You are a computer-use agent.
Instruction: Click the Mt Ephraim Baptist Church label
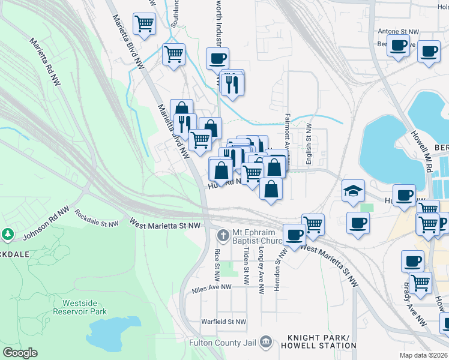pyautogui.click(x=258, y=238)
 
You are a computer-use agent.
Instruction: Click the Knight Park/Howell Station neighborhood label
pyautogui.click(x=322, y=341)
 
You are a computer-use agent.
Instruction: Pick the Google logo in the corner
pyautogui.click(x=20, y=353)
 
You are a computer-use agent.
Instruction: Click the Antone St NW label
pyautogui.click(x=398, y=31)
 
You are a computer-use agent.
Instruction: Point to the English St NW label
pyautogui.click(x=309, y=144)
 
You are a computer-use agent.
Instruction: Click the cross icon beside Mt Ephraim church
pyautogui.click(x=223, y=233)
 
